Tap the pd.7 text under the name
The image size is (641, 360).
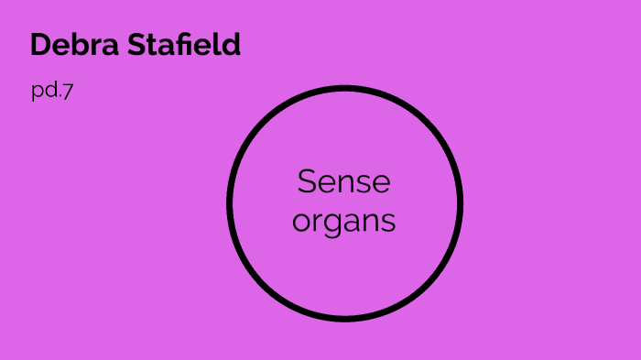[x=51, y=92]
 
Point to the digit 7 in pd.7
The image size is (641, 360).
[x=68, y=92]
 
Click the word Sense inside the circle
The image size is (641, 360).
[x=343, y=181]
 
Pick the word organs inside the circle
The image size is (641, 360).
[x=343, y=222]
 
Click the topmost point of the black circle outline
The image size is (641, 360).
[x=344, y=89]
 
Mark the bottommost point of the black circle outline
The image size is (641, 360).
[x=344, y=319]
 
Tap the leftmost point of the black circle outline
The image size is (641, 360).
[x=230, y=203]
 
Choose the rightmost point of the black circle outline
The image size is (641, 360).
[x=460, y=203]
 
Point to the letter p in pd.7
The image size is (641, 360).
[x=37, y=93]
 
